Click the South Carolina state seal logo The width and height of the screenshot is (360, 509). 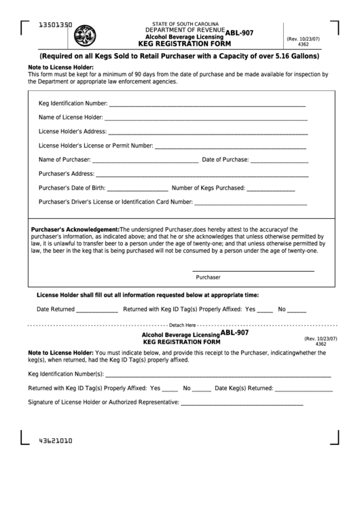tap(85, 35)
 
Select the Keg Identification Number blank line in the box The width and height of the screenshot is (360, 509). tap(206, 105)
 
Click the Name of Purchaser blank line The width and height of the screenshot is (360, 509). tap(145, 161)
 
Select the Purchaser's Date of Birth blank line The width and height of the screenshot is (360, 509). tap(137, 189)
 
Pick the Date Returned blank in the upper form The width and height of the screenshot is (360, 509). tap(96, 310)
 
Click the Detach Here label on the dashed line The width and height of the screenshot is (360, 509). tap(182, 325)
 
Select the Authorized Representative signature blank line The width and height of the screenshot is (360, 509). tap(242, 404)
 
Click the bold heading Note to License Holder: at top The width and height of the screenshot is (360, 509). tap(60, 67)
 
